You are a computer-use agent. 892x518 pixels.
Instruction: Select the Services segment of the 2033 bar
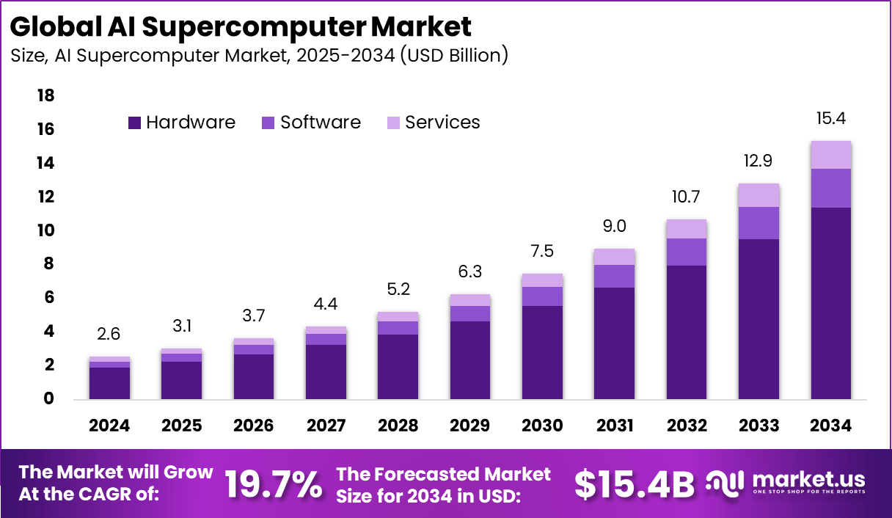click(x=758, y=195)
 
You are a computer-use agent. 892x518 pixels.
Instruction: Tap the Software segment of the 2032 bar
click(x=687, y=252)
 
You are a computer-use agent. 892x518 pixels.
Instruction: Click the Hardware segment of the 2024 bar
click(x=110, y=383)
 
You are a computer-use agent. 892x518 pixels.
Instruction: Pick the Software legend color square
click(x=268, y=123)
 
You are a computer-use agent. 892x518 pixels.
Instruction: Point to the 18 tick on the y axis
click(x=45, y=96)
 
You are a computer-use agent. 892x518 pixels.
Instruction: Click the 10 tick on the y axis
click(x=45, y=230)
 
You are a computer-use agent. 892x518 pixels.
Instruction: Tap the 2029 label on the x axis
click(x=470, y=426)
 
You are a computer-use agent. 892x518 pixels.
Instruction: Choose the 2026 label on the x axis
click(x=254, y=426)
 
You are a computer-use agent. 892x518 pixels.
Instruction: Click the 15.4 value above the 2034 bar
click(x=830, y=118)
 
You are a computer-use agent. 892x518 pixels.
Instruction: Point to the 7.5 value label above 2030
click(x=542, y=252)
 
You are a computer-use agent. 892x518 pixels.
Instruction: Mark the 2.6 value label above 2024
click(x=110, y=335)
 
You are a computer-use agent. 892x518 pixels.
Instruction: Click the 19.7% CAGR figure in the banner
click(x=273, y=484)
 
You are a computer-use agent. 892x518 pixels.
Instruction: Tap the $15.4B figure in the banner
click(x=634, y=484)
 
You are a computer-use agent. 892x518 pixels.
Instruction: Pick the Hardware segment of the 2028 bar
click(x=398, y=367)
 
